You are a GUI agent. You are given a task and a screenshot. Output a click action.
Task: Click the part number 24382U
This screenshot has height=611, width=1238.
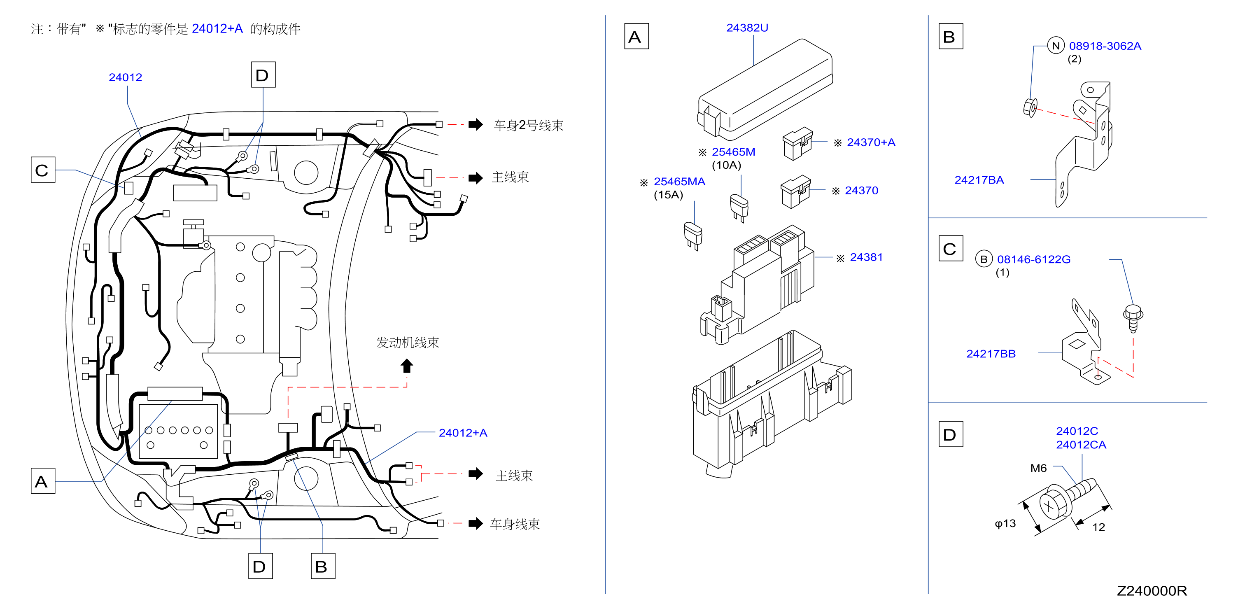pyautogui.click(x=747, y=28)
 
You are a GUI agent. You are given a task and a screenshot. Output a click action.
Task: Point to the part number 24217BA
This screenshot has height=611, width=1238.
pyautogui.click(x=979, y=180)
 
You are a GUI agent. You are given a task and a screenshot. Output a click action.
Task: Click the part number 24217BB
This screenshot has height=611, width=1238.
pyautogui.click(x=991, y=354)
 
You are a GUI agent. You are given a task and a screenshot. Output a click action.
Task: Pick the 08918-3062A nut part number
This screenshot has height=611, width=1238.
pyautogui.click(x=1105, y=46)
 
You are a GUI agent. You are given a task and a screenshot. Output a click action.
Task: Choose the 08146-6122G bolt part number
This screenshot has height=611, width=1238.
pyautogui.click(x=1034, y=259)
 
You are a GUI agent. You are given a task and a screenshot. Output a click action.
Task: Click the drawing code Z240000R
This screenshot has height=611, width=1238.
pyautogui.click(x=1152, y=591)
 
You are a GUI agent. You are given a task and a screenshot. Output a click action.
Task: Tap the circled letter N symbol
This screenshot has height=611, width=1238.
pyautogui.click(x=1056, y=46)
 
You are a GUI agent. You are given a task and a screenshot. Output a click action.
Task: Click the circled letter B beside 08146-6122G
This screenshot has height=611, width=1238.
pyautogui.click(x=984, y=259)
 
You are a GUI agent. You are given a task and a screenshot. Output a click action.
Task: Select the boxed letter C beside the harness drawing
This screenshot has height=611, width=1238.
pyautogui.click(x=43, y=170)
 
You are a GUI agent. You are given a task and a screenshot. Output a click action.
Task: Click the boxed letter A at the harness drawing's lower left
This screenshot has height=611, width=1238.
pyautogui.click(x=43, y=481)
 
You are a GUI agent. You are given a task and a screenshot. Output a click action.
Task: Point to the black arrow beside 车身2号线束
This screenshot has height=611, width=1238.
pyautogui.click(x=476, y=124)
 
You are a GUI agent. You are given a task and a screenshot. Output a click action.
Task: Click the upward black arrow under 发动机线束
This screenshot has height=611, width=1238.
pyautogui.click(x=407, y=366)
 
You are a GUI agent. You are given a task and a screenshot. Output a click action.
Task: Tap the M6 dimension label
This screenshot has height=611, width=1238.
pyautogui.click(x=1039, y=468)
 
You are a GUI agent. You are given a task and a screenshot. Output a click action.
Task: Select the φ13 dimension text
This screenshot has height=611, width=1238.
pyautogui.click(x=1005, y=523)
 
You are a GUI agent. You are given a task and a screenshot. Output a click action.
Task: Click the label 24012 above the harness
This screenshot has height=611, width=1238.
pyautogui.click(x=126, y=77)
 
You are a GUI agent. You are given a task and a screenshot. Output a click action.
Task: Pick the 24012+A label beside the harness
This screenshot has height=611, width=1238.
pyautogui.click(x=463, y=433)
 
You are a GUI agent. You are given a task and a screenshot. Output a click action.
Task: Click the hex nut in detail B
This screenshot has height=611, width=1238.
pyautogui.click(x=1030, y=107)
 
